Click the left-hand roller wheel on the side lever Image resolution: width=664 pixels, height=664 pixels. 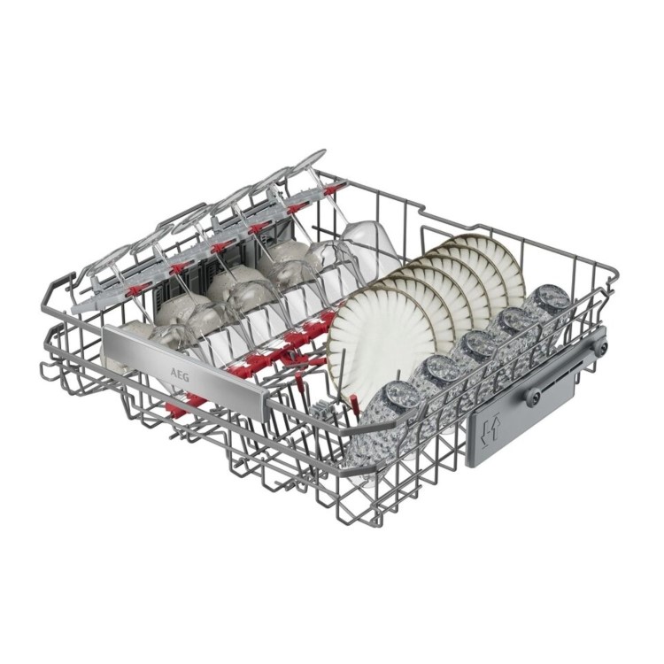click(x=534, y=396)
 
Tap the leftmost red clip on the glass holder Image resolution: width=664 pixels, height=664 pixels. click(x=180, y=266)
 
